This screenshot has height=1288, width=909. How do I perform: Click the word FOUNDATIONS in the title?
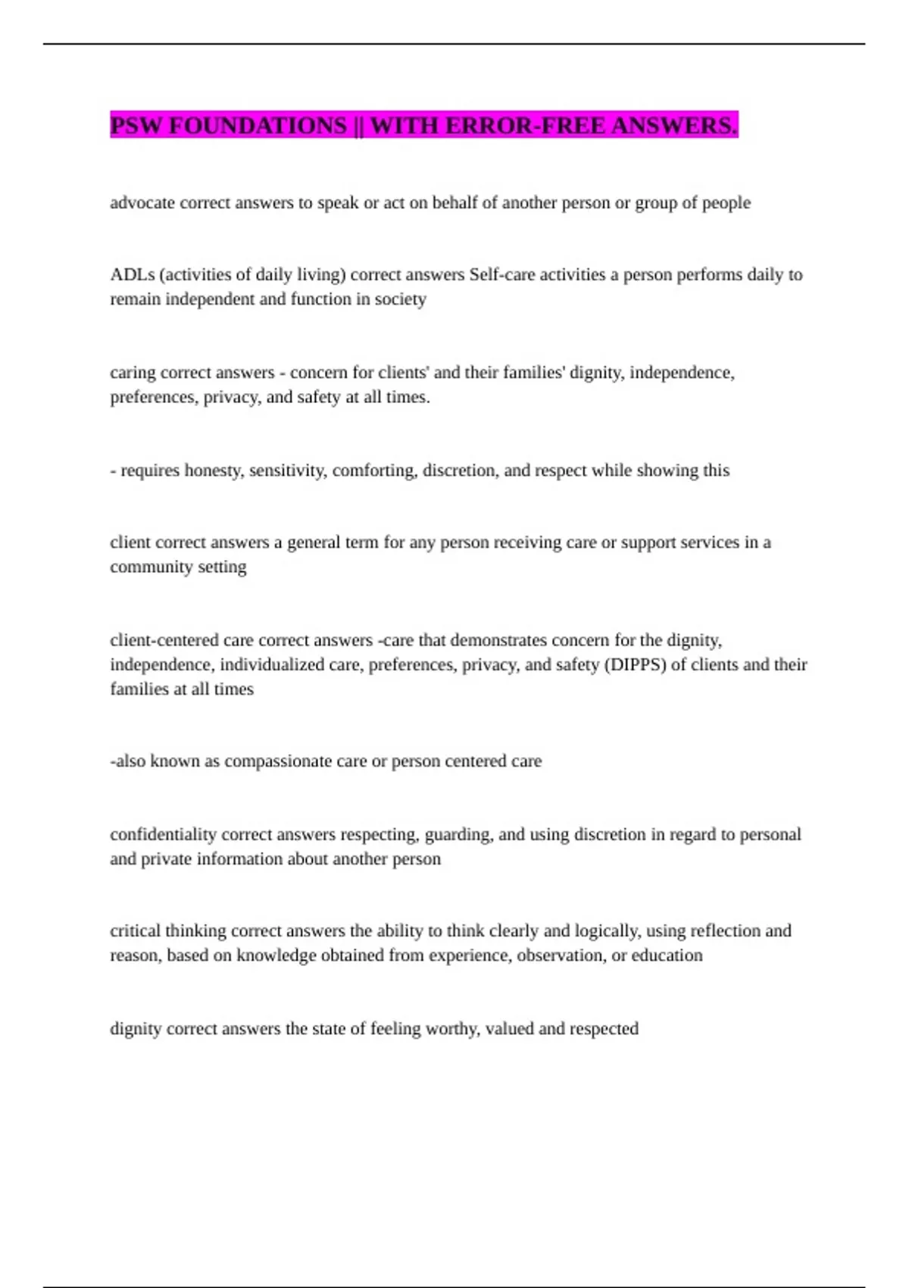257,126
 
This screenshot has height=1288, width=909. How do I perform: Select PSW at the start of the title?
136,126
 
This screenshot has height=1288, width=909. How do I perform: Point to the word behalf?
454,203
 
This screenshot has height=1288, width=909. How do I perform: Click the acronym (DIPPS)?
635,664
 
